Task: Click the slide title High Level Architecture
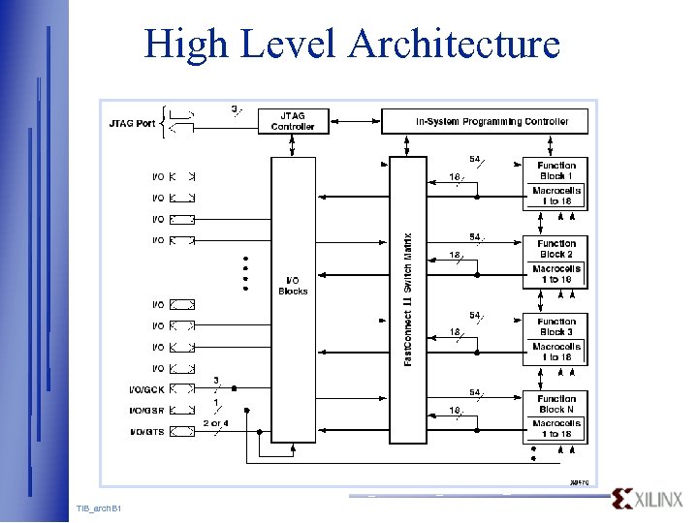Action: coord(352,44)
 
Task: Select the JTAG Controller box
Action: coord(293,121)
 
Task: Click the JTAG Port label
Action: coord(133,123)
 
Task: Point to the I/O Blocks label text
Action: coord(293,285)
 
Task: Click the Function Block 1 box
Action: coord(556,170)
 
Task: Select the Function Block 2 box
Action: coord(556,249)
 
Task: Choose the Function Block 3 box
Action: coord(556,326)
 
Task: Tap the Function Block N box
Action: coord(556,404)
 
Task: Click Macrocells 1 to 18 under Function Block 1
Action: coord(556,196)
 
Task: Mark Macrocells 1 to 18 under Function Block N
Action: coord(556,428)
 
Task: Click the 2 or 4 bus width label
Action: coord(216,423)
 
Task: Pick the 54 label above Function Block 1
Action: coord(474,159)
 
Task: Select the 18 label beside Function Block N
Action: coord(454,411)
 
